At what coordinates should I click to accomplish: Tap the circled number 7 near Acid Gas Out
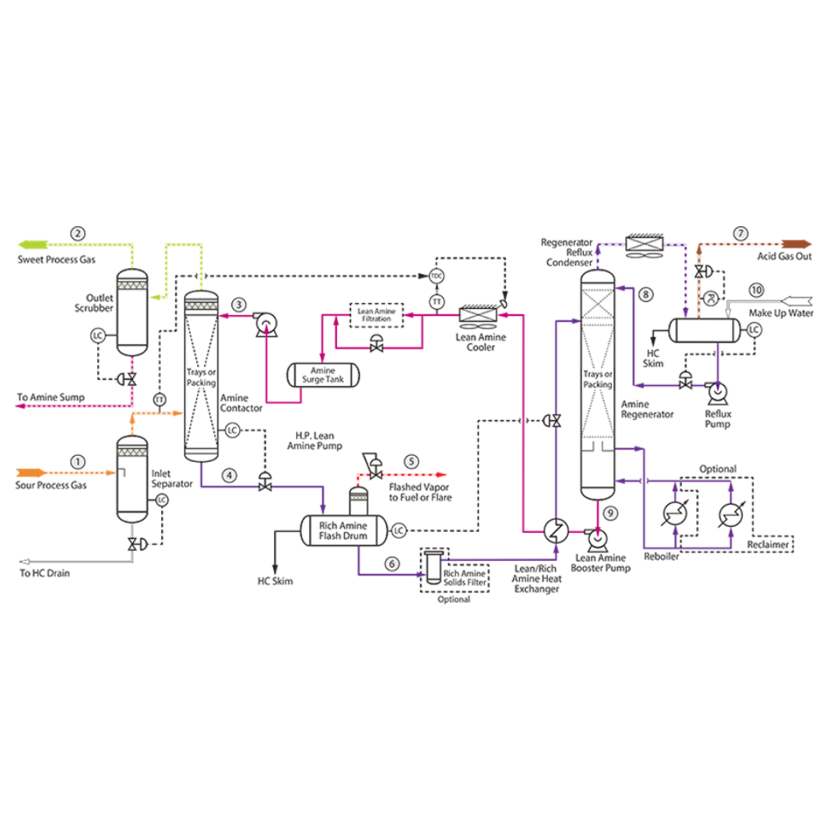click(741, 234)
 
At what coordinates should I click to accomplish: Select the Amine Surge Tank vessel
click(323, 374)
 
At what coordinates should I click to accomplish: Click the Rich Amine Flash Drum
click(342, 530)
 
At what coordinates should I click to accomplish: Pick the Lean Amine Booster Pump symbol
click(600, 538)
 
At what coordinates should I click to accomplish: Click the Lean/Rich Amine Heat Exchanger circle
click(555, 530)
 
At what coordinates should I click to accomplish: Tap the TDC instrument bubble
click(437, 276)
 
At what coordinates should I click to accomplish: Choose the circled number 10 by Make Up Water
click(756, 290)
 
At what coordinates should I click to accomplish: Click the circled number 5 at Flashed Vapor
click(412, 461)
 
